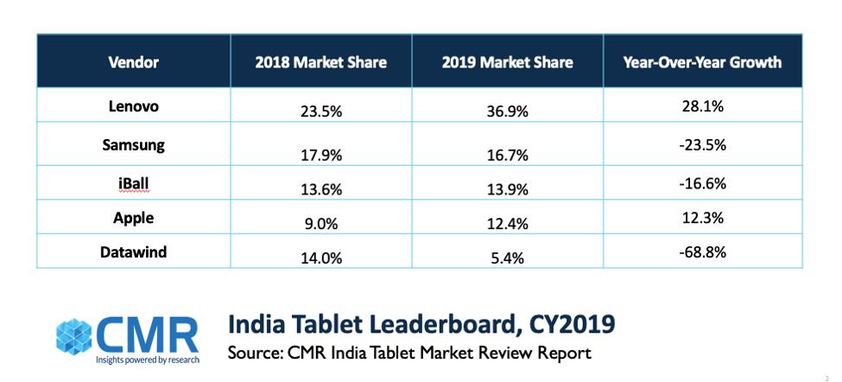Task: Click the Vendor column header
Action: click(133, 62)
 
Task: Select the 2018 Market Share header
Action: click(320, 62)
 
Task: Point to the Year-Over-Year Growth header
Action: click(702, 62)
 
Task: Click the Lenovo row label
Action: click(133, 107)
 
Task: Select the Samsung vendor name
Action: click(133, 144)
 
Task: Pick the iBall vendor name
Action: click(133, 182)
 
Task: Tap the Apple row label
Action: click(133, 219)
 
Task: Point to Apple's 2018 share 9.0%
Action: click(320, 225)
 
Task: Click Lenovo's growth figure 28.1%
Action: click(702, 107)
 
